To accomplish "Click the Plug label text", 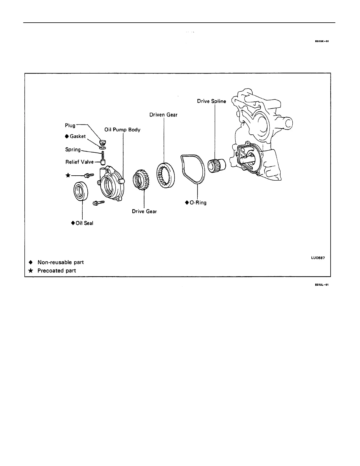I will point(70,125).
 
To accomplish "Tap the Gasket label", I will point(78,136).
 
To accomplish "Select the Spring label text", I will point(73,149).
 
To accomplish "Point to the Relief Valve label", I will point(79,162).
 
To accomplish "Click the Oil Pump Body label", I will point(122,130).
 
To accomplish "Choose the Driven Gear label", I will point(163,115).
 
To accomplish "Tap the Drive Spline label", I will point(211,101).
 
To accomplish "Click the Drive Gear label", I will point(144,211).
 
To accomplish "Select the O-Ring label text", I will point(197,202).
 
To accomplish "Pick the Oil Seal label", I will point(84,223).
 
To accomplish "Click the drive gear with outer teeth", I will point(142,180).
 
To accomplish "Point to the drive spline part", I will point(216,165).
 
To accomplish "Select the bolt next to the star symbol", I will point(89,175).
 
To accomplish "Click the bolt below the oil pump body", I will point(98,203).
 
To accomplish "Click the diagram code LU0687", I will point(318,257).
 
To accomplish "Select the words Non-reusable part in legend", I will point(61,262).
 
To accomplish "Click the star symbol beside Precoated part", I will point(30,270).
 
